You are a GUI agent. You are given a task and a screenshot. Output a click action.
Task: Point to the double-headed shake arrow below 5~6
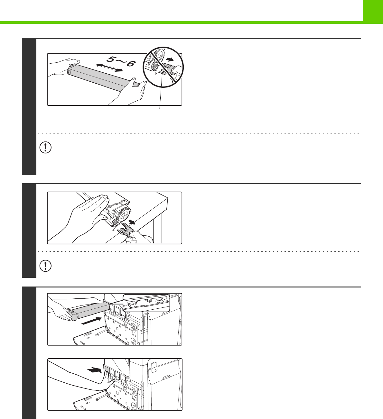tap(109, 68)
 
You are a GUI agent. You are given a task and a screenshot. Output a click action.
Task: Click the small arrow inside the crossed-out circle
tap(171, 60)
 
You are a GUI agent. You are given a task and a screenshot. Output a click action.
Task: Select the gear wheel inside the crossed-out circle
tap(159, 54)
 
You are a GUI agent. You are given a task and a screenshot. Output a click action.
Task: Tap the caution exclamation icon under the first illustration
tap(45, 148)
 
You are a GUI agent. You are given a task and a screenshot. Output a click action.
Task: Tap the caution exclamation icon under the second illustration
tap(45, 266)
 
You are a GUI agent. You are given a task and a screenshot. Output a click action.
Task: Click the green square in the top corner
tap(373, 12)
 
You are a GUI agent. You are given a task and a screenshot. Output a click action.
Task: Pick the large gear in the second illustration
tap(124, 216)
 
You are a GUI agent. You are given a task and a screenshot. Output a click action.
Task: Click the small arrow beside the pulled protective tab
tap(132, 222)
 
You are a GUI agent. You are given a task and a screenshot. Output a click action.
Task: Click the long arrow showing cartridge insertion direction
tap(92, 321)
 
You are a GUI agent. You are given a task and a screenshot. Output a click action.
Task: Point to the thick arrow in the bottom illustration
tap(95, 370)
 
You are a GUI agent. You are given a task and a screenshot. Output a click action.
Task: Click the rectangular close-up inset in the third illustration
tap(146, 303)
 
